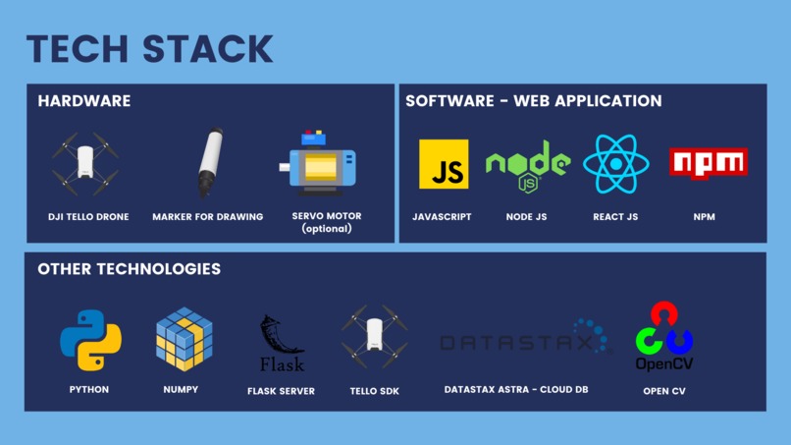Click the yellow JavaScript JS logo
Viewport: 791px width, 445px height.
(x=444, y=164)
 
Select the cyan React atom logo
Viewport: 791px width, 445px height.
(x=615, y=164)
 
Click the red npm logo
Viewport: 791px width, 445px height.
(x=709, y=163)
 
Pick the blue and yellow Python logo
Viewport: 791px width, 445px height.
(x=91, y=340)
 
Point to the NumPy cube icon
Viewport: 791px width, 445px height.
(x=185, y=339)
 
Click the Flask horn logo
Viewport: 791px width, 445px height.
(x=282, y=344)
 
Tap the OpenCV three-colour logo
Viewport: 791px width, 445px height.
(x=663, y=336)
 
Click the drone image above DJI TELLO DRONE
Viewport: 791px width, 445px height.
(x=85, y=163)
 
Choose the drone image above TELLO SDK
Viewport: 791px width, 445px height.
(x=374, y=336)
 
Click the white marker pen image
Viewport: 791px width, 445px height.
(x=210, y=162)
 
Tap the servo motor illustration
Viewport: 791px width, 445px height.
(x=318, y=164)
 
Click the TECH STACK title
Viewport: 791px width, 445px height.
(x=150, y=49)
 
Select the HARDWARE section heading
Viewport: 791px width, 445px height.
(x=84, y=101)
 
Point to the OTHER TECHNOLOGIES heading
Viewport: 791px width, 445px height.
(x=130, y=269)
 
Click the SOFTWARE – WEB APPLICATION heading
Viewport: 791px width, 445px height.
(x=534, y=101)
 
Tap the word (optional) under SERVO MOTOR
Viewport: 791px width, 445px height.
(x=327, y=229)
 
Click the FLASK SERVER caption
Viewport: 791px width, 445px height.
(x=281, y=391)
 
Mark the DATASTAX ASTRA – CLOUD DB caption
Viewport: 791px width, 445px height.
(x=516, y=389)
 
